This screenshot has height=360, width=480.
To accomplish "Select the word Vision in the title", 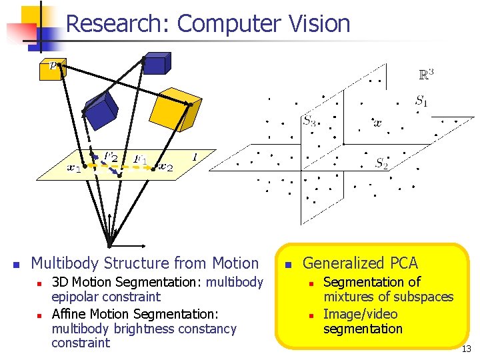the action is coord(319,23).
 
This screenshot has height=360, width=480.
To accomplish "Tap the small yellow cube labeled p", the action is coord(51,69).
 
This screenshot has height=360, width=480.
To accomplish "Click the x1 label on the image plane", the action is coord(74,168).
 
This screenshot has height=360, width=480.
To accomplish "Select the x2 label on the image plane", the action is coord(165,167).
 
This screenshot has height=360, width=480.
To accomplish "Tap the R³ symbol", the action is coord(426,75).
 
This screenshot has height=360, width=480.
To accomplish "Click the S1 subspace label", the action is coord(421,101).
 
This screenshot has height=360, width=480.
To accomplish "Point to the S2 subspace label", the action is coord(381,163).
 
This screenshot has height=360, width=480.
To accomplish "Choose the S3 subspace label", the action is coord(309,121).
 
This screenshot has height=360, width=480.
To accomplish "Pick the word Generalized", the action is coord(340,263).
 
